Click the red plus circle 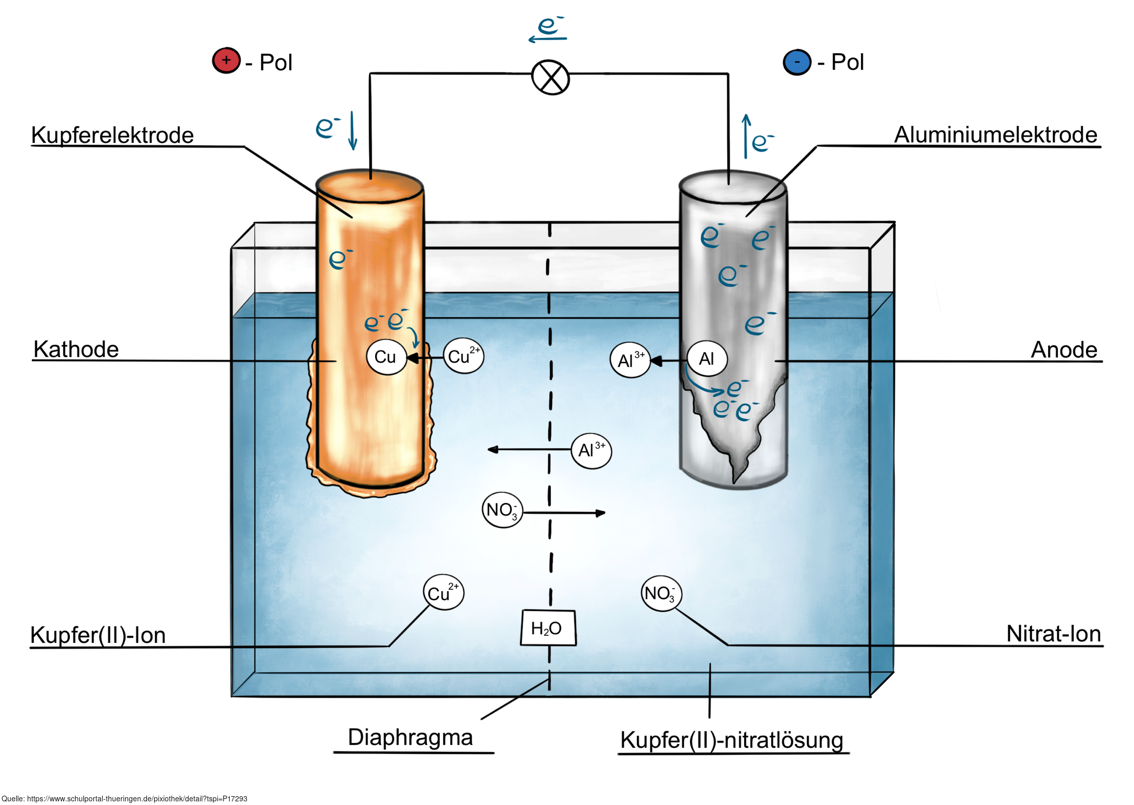226,60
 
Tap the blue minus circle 796,62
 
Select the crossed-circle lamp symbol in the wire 550,78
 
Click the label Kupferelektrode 112,135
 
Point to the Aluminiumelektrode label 995,134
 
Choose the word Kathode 76,349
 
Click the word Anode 1064,350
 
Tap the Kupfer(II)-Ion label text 98,635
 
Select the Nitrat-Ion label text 1053,634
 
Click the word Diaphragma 410,737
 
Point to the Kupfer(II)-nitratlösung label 731,740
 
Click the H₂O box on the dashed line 548,628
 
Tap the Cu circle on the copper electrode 386,357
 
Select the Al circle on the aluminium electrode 706,358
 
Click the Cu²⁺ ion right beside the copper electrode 463,356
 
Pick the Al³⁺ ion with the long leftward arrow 591,451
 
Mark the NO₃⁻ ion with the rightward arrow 502,510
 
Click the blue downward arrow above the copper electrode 352,130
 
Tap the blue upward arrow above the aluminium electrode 746,135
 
